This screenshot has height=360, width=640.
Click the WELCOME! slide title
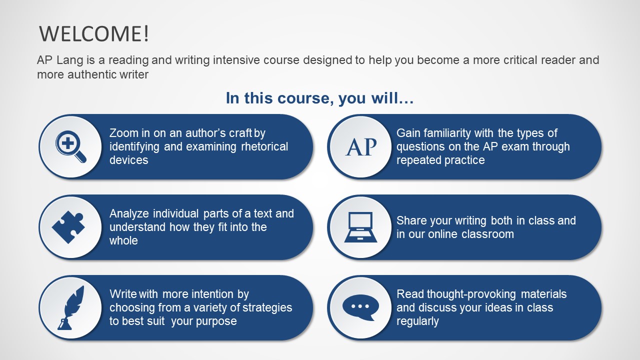(x=94, y=34)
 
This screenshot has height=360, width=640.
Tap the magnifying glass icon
(x=70, y=146)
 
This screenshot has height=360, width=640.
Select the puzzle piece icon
(x=68, y=227)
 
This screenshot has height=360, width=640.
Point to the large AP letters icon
(x=361, y=147)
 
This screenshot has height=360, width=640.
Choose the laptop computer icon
(x=360, y=227)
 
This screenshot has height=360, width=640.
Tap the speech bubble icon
(x=360, y=307)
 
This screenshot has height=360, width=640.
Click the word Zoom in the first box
(x=123, y=133)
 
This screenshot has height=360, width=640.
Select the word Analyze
(x=129, y=214)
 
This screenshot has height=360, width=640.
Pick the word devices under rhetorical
(x=129, y=160)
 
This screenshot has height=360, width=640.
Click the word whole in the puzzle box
(x=123, y=240)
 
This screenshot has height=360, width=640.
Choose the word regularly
(x=417, y=321)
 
